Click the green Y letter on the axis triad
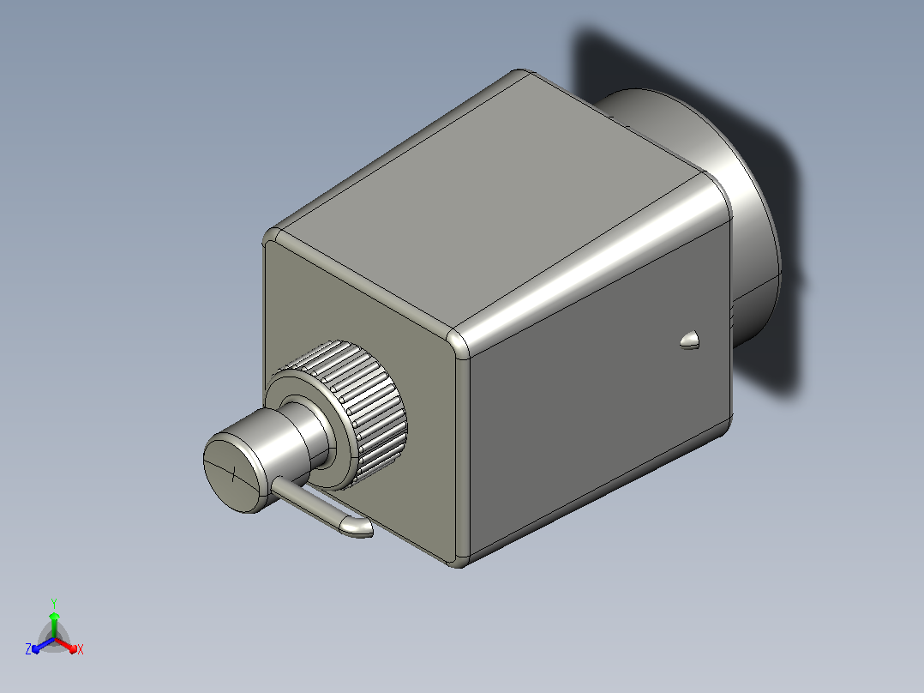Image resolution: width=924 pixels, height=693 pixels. (54, 603)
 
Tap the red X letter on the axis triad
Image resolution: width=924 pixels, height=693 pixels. (81, 649)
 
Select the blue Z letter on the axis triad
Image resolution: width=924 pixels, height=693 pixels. (28, 648)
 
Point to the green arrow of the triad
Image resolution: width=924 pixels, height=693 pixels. (54, 624)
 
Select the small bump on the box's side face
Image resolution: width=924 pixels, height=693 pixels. (690, 340)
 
